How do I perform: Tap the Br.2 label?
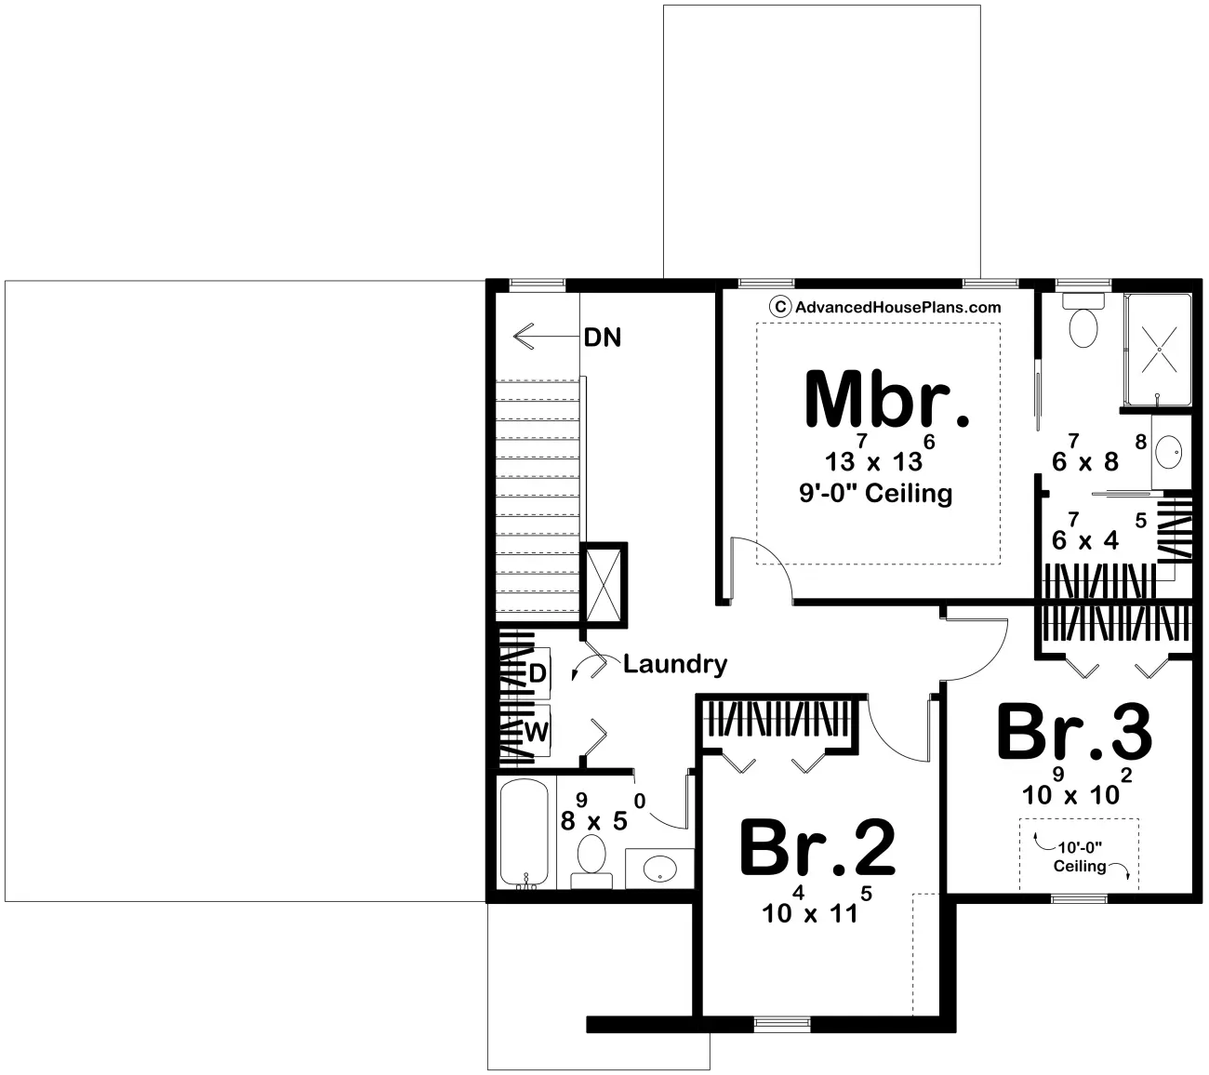tap(817, 848)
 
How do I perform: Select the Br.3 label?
tap(1074, 733)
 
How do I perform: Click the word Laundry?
tap(674, 664)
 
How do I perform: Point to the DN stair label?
tap(602, 337)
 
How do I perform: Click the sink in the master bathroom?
tap(1171, 455)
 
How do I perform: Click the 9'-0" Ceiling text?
tap(875, 493)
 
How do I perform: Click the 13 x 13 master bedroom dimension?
tap(875, 458)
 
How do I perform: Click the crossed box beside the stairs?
tap(603, 585)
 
